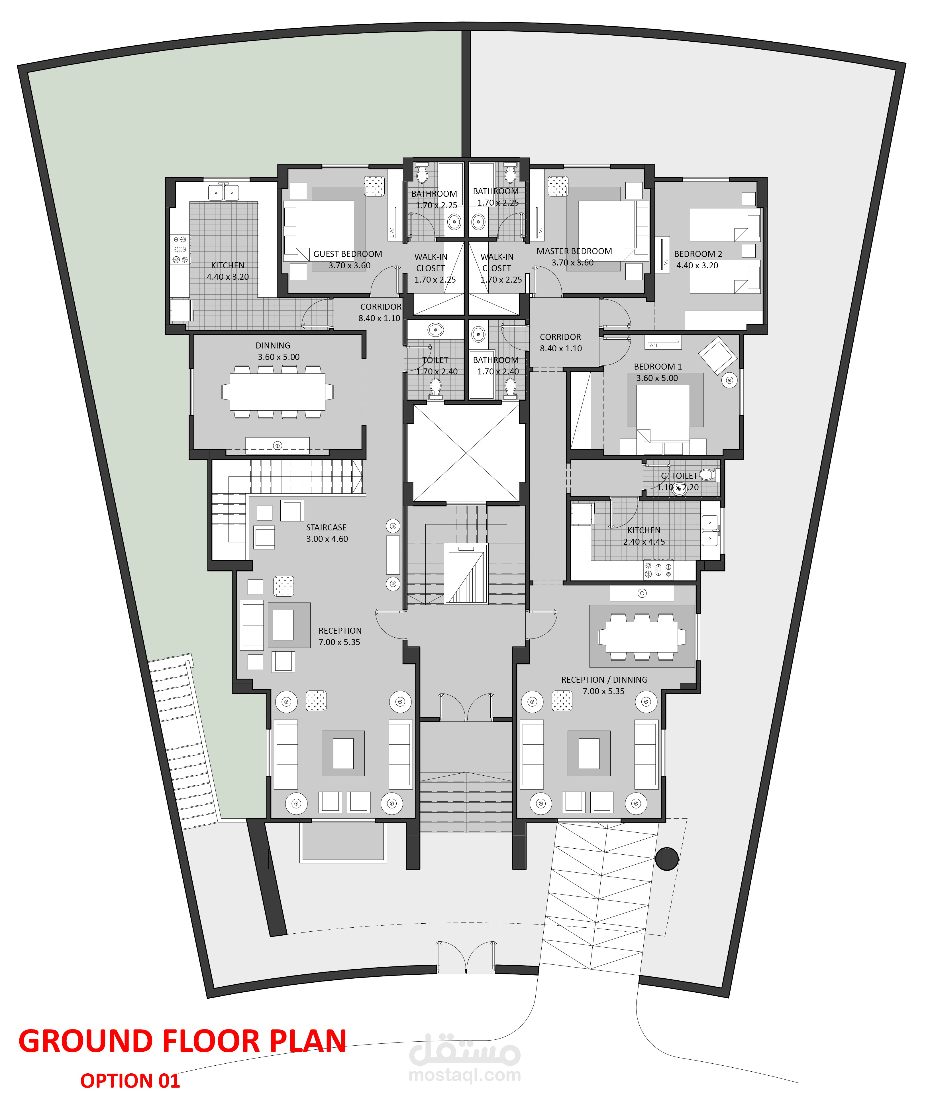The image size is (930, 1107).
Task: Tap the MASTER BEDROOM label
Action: tap(574, 251)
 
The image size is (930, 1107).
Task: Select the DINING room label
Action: tap(273, 346)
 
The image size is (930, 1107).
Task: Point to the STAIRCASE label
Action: tap(326, 527)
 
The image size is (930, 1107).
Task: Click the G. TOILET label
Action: tap(679, 476)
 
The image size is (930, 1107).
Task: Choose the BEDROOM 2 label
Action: tap(698, 254)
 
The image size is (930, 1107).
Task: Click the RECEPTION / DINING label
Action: tap(604, 680)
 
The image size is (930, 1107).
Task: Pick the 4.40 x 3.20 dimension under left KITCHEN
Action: tap(228, 277)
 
